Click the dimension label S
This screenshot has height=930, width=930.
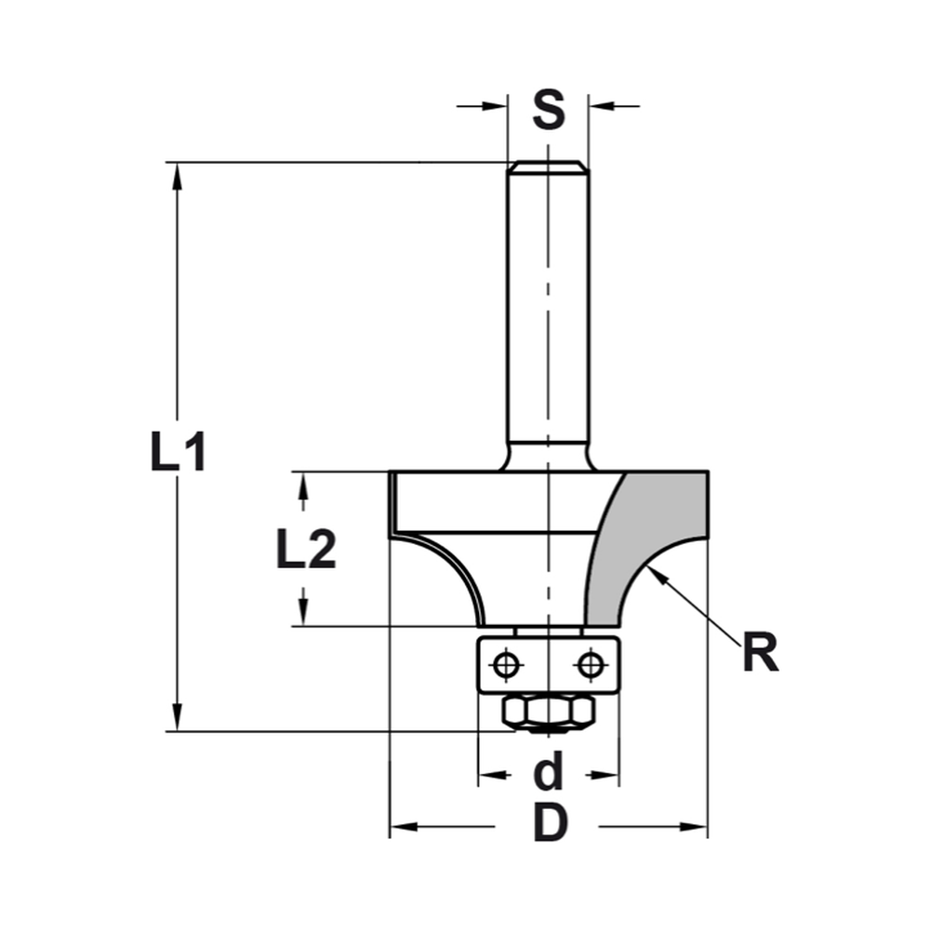549,109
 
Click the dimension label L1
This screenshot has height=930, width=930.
178,453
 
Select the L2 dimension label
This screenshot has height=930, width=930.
305,551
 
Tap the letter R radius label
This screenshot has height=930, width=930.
760,654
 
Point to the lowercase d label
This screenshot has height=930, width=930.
551,772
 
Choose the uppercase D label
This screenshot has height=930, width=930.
551,824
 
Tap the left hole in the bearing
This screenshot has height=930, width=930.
506,664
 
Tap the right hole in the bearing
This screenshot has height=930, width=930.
589,664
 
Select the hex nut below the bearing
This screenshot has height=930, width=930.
549,712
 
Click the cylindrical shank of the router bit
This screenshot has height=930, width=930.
549,307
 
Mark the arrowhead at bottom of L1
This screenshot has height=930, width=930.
177,720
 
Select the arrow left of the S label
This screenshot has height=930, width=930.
497,106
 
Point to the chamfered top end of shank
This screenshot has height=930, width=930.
549,166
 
